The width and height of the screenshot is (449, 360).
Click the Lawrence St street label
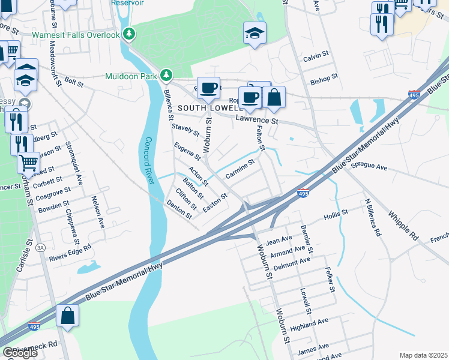click(256, 121)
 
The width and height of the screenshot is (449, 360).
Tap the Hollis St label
click(336, 214)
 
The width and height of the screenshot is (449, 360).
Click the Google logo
click(20, 353)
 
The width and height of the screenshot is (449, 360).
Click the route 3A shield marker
click(41, 247)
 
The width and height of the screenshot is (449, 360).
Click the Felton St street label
click(261, 139)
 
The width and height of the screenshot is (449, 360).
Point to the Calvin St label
click(317, 58)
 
